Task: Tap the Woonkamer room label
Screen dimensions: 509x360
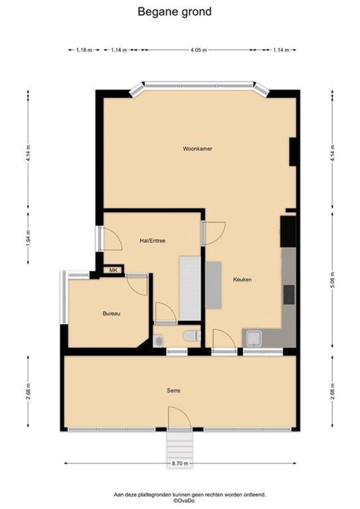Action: coord(197,148)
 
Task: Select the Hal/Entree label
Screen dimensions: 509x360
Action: coord(152,240)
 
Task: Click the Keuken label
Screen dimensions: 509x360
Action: coord(243,279)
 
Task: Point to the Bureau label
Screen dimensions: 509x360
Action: coord(112,313)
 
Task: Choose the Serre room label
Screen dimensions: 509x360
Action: coord(173,390)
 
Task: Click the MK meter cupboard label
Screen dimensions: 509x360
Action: coord(113,270)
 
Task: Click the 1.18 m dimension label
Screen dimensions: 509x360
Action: coord(84,50)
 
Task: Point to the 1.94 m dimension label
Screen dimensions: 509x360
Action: coord(28,238)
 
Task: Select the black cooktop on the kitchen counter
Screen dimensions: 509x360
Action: coord(288,295)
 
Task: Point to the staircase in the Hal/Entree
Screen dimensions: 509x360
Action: coord(189,287)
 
